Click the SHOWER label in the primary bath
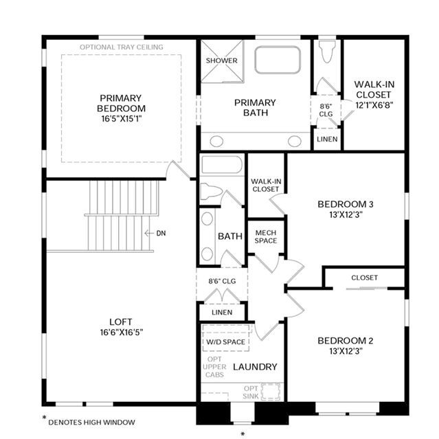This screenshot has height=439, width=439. click(221, 60)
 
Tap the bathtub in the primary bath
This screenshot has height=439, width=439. click(278, 60)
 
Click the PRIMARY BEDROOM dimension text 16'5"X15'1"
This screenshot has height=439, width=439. click(122, 119)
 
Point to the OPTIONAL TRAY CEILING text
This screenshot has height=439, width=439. click(121, 47)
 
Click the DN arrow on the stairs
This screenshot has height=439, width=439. click(149, 233)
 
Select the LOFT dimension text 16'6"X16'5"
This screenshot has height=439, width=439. click(122, 333)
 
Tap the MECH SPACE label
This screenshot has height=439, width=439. click(266, 236)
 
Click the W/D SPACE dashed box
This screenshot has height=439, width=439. click(225, 338)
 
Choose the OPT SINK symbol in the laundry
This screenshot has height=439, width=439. click(271, 392)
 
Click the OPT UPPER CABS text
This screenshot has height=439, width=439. click(214, 367)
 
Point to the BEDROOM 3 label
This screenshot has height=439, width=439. click(346, 204)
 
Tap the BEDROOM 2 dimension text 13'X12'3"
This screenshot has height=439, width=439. click(346, 351)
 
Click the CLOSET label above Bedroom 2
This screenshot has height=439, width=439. click(365, 278)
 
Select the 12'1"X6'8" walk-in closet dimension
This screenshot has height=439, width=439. click(374, 105)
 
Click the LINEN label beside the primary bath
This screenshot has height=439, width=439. click(327, 139)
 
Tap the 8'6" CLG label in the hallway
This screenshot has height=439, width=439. click(222, 281)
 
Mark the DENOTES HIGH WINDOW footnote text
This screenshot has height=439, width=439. click(91, 423)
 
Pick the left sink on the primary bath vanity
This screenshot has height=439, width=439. click(216, 142)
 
